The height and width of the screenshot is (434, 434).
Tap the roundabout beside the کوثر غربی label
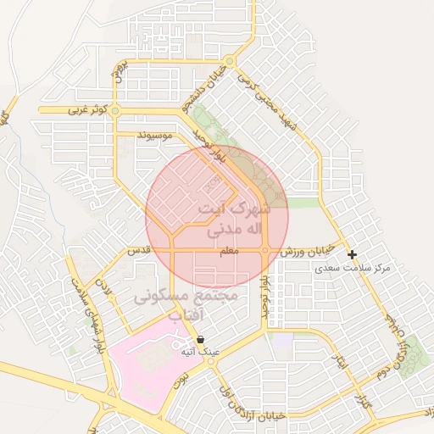point(115,110)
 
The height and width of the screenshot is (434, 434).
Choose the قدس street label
point(138,252)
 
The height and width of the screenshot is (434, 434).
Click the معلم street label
point(229,252)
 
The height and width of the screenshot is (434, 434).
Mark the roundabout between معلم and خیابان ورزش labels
point(265,251)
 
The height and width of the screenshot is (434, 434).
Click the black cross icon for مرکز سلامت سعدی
point(352,254)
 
